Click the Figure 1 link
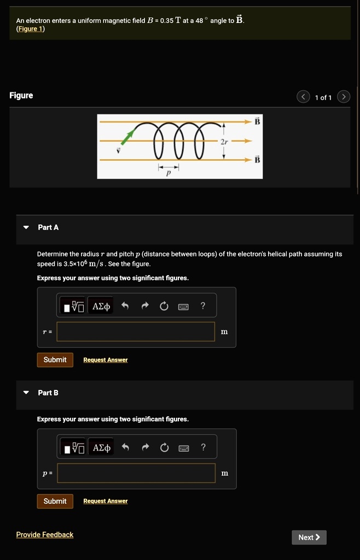click(31, 29)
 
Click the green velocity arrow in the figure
click(127, 137)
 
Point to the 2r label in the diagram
click(223, 141)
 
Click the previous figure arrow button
click(303, 97)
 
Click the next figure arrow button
click(343, 97)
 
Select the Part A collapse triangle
click(26, 227)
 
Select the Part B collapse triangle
click(26, 393)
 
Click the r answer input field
click(136, 331)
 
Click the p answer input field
click(136, 473)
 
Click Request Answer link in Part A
click(105, 360)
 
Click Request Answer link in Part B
click(105, 501)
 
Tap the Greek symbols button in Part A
click(101, 306)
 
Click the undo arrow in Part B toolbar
click(125, 448)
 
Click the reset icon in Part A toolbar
click(164, 306)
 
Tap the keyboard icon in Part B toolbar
click(183, 448)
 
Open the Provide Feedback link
click(44, 534)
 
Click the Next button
click(309, 537)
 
